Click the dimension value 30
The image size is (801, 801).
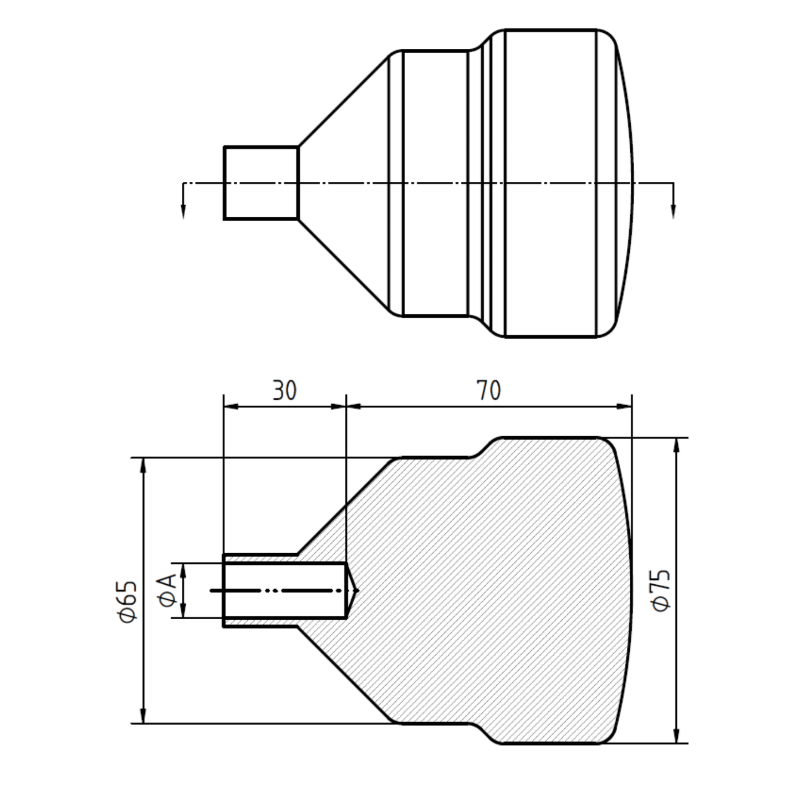(284, 390)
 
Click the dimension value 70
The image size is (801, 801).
(488, 390)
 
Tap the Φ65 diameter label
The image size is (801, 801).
(127, 601)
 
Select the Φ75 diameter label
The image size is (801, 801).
(661, 590)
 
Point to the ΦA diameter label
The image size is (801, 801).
(167, 591)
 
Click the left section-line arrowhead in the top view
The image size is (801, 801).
(183, 212)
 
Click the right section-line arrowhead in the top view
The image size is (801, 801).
(674, 212)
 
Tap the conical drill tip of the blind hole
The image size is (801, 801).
(352, 590)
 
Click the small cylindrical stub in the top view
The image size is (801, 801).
(261, 183)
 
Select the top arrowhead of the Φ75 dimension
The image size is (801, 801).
(676, 445)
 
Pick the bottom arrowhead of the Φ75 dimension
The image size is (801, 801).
(676, 735)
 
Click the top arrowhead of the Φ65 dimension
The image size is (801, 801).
(144, 465)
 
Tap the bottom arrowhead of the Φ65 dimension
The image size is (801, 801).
(144, 716)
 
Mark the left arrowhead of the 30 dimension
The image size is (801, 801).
(231, 406)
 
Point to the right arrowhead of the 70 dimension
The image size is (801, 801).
(624, 406)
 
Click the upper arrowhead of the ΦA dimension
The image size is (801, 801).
(183, 571)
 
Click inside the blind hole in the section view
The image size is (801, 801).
(285, 590)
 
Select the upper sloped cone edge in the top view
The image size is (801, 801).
(343, 102)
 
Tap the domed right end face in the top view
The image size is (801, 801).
(625, 183)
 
